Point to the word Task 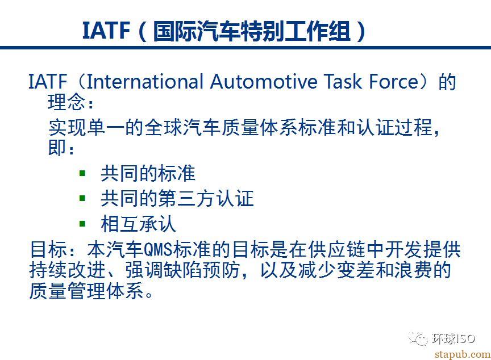point(343,81)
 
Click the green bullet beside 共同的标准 point(82,173)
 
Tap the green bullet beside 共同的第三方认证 point(82,198)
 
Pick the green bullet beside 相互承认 point(82,224)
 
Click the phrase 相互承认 point(139,224)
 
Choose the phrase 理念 point(66,102)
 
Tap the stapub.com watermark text point(463,354)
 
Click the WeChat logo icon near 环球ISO point(418,338)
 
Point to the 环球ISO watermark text point(453,338)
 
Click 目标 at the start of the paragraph point(49,250)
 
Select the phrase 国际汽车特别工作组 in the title point(251,31)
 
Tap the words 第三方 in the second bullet point(188,198)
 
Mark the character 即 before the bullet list point(57,147)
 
